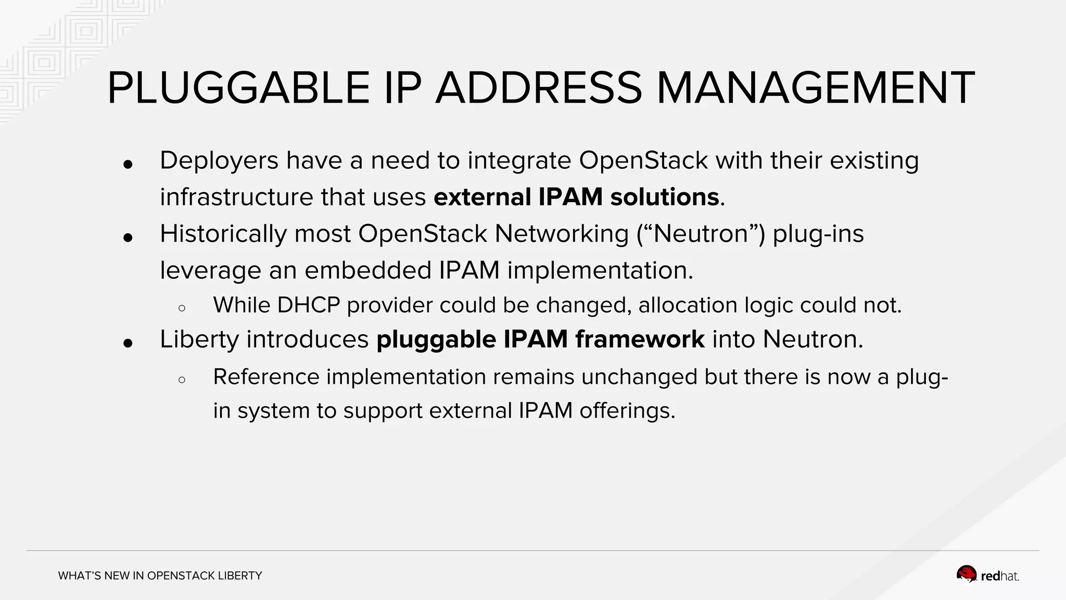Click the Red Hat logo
tap(987, 575)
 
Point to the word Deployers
tap(219, 160)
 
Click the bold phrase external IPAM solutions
tap(576, 197)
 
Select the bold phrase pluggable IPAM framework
tap(540, 340)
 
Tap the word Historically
tap(223, 233)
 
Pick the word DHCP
tap(308, 305)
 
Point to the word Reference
tap(266, 377)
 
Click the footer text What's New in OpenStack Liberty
tap(160, 576)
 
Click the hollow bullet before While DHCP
tap(182, 308)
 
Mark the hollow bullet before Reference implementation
tap(182, 380)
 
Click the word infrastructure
tap(236, 197)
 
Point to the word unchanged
tap(639, 377)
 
